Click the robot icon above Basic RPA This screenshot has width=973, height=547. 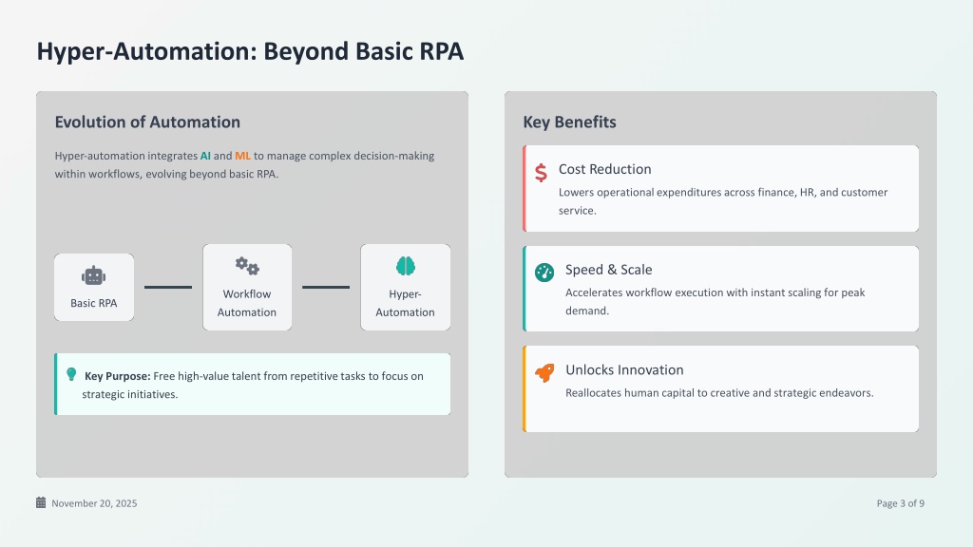[94, 275]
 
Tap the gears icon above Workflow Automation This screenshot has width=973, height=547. [247, 266]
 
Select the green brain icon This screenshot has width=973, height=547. [405, 266]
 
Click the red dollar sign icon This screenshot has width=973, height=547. [541, 173]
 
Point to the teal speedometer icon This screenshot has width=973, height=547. [544, 273]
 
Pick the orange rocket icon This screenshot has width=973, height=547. [544, 372]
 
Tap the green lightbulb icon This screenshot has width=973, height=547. [71, 374]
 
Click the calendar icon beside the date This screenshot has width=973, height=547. [41, 502]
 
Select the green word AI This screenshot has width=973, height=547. [205, 156]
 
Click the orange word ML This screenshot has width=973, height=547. [242, 156]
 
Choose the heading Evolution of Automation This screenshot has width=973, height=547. [147, 123]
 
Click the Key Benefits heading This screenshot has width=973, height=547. [570, 123]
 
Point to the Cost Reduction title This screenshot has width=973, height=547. [605, 169]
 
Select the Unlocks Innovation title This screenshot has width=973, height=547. [624, 369]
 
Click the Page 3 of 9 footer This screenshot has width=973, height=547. [901, 503]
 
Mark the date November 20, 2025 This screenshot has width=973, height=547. [94, 503]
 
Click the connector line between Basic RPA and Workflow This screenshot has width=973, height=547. [168, 287]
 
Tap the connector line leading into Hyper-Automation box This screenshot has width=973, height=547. [326, 287]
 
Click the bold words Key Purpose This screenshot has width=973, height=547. [117, 376]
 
